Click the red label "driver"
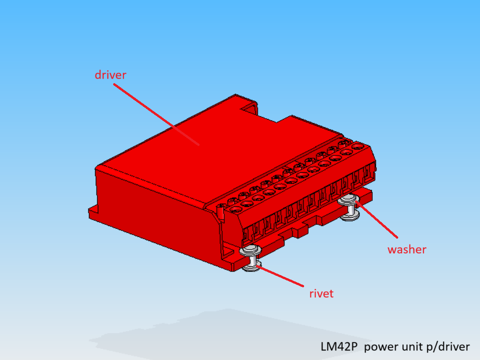click(110, 75)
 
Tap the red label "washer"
click(407, 250)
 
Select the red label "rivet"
click(321, 294)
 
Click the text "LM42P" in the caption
click(339, 346)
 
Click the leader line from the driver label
click(156, 115)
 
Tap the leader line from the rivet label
click(280, 276)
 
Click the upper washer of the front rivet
click(250, 251)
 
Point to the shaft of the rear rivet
click(351, 210)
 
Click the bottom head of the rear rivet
click(350, 217)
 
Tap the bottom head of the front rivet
click(252, 267)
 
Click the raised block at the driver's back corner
click(249, 106)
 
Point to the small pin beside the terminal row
click(221, 212)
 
